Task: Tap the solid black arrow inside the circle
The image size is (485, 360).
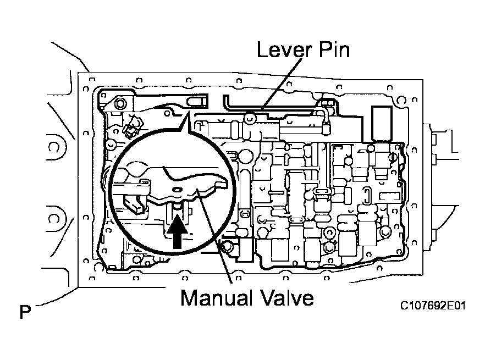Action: pos(176,232)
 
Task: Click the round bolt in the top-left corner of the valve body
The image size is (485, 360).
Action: pos(120,103)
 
